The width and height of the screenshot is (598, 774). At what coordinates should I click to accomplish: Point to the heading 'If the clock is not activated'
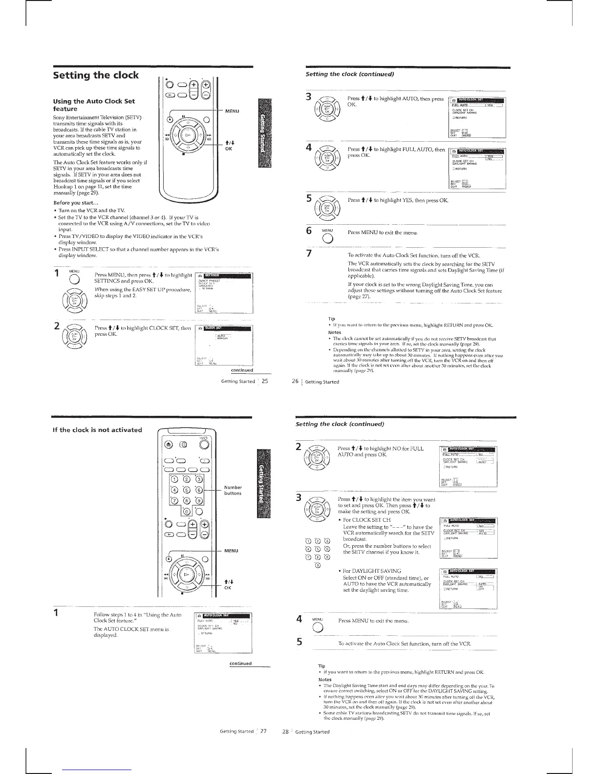(x=97, y=430)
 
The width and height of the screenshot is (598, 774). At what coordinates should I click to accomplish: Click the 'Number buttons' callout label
(x=233, y=490)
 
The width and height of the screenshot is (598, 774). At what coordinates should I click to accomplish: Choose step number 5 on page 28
(x=299, y=642)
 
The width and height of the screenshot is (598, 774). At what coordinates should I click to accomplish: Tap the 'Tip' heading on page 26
(x=331, y=319)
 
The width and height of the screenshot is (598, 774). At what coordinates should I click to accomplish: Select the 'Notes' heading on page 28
(x=325, y=680)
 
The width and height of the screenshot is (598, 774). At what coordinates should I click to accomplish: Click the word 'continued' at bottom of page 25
(x=241, y=357)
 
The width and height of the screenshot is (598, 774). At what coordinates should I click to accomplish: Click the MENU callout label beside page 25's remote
(x=232, y=111)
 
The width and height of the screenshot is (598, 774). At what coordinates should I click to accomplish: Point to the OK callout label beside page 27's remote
(x=228, y=588)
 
